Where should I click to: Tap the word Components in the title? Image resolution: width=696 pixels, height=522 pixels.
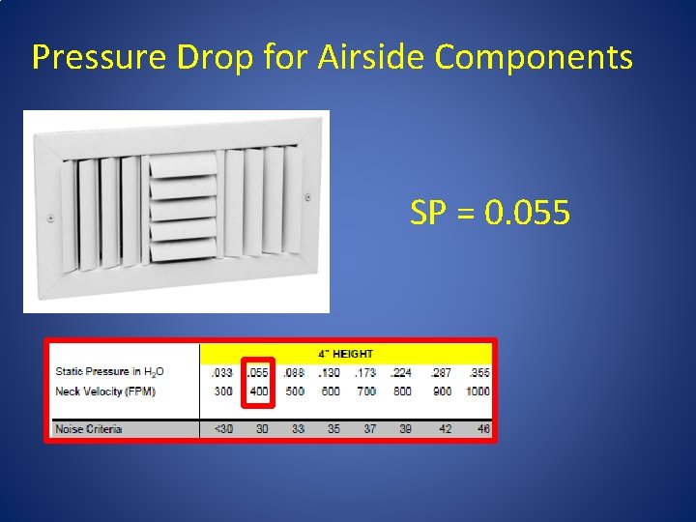(534, 58)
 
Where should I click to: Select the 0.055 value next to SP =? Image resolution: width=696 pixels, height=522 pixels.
(527, 213)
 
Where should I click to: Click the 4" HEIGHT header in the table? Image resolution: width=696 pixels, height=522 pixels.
(346, 354)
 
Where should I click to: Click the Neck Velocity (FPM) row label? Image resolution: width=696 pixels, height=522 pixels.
(105, 391)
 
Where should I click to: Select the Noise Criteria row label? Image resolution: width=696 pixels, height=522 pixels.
(89, 428)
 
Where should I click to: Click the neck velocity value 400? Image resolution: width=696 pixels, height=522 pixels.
(258, 391)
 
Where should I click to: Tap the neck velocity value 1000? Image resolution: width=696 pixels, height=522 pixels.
(478, 391)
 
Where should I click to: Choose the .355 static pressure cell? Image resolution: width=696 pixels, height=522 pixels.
(478, 372)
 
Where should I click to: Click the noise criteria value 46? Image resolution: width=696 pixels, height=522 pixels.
(482, 428)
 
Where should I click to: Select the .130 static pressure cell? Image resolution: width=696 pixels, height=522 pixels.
(331, 372)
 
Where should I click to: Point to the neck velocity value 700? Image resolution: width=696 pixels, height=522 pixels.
(366, 391)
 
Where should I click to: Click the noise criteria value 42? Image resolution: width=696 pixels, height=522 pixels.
(445, 428)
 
